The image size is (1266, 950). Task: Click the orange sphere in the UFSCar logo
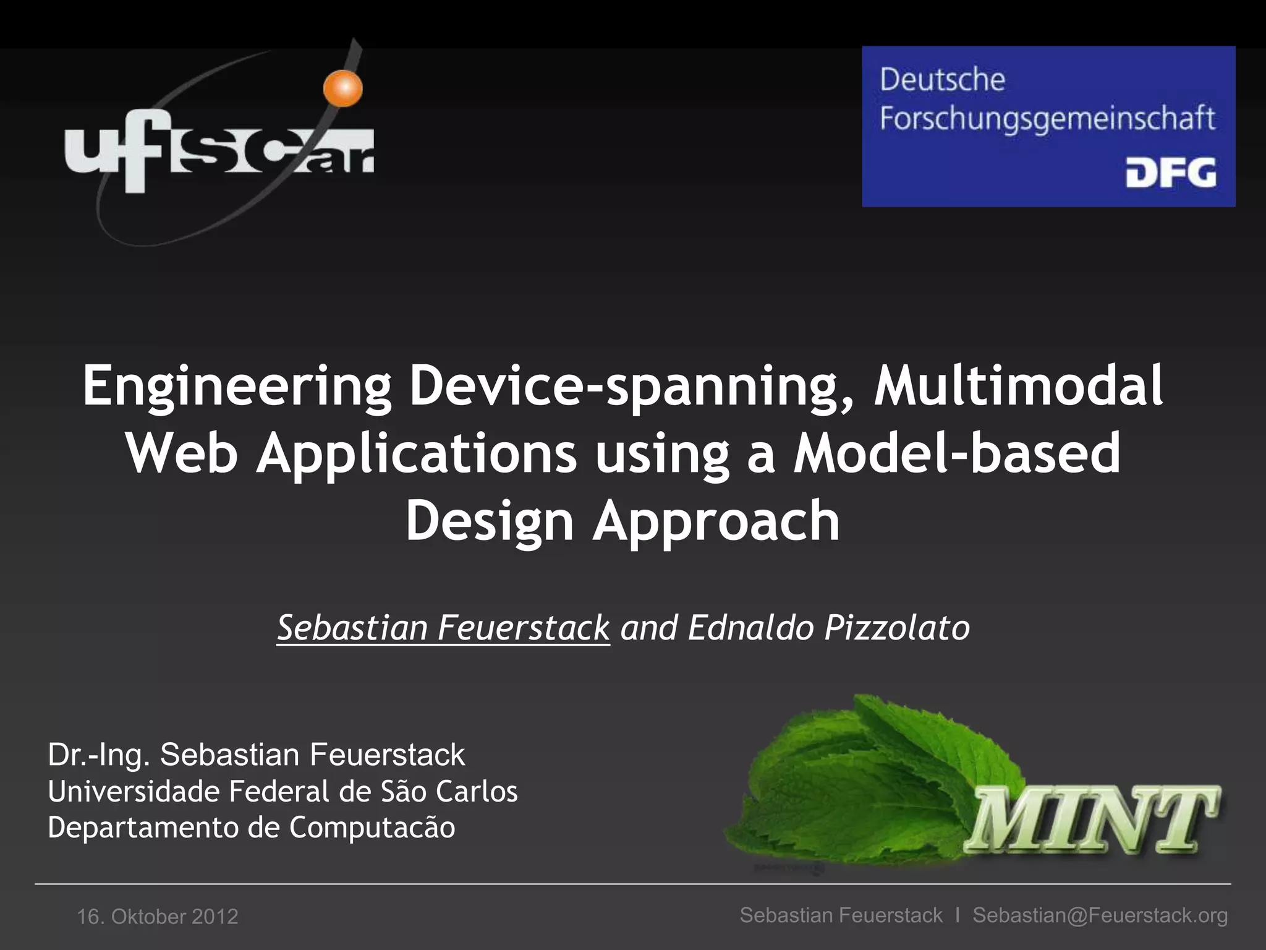tap(343, 87)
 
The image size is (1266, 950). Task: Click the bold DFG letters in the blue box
tap(1170, 173)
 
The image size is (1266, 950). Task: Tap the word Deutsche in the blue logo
tap(942, 80)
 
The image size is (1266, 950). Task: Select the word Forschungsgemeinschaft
tap(1047, 119)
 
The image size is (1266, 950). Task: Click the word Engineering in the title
tap(237, 387)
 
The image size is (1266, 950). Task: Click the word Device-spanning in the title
tap(632, 387)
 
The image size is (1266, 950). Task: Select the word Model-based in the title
tap(957, 453)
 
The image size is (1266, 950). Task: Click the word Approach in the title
tap(716, 521)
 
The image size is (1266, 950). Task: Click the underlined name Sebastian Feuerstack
tap(443, 628)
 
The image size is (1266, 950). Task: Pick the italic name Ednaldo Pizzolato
tap(828, 628)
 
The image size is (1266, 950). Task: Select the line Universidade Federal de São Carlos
tap(283, 792)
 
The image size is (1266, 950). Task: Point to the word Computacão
tap(372, 828)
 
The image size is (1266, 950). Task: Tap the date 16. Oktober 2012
tap(158, 917)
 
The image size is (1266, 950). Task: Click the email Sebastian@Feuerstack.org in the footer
tap(1100, 915)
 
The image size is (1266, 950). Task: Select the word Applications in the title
tap(417, 453)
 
